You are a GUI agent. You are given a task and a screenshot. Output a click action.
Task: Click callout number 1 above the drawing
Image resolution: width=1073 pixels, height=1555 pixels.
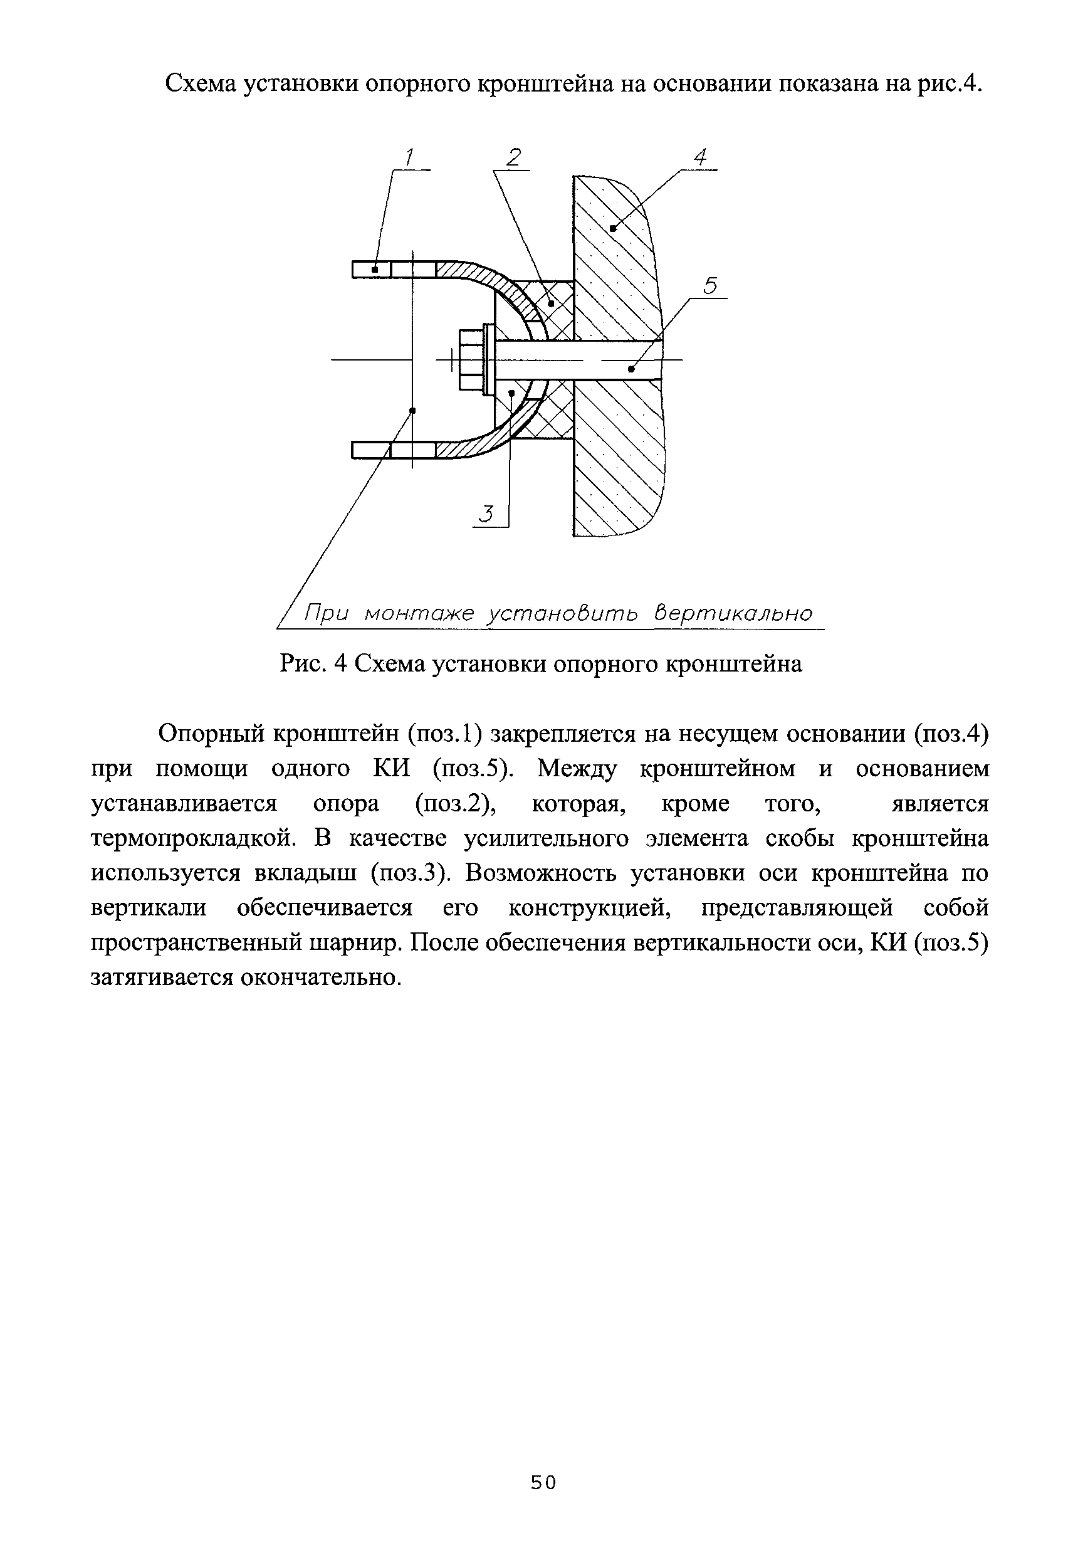tap(409, 158)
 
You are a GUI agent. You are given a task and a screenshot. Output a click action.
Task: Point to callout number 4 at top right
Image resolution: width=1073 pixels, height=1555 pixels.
tap(700, 158)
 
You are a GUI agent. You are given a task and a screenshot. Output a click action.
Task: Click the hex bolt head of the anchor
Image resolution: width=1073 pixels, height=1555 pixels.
tap(470, 360)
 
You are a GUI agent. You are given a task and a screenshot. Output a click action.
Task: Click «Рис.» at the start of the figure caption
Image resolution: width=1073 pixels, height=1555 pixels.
tap(306, 665)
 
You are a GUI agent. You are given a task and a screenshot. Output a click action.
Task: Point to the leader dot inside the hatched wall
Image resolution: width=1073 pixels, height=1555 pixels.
tap(612, 229)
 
